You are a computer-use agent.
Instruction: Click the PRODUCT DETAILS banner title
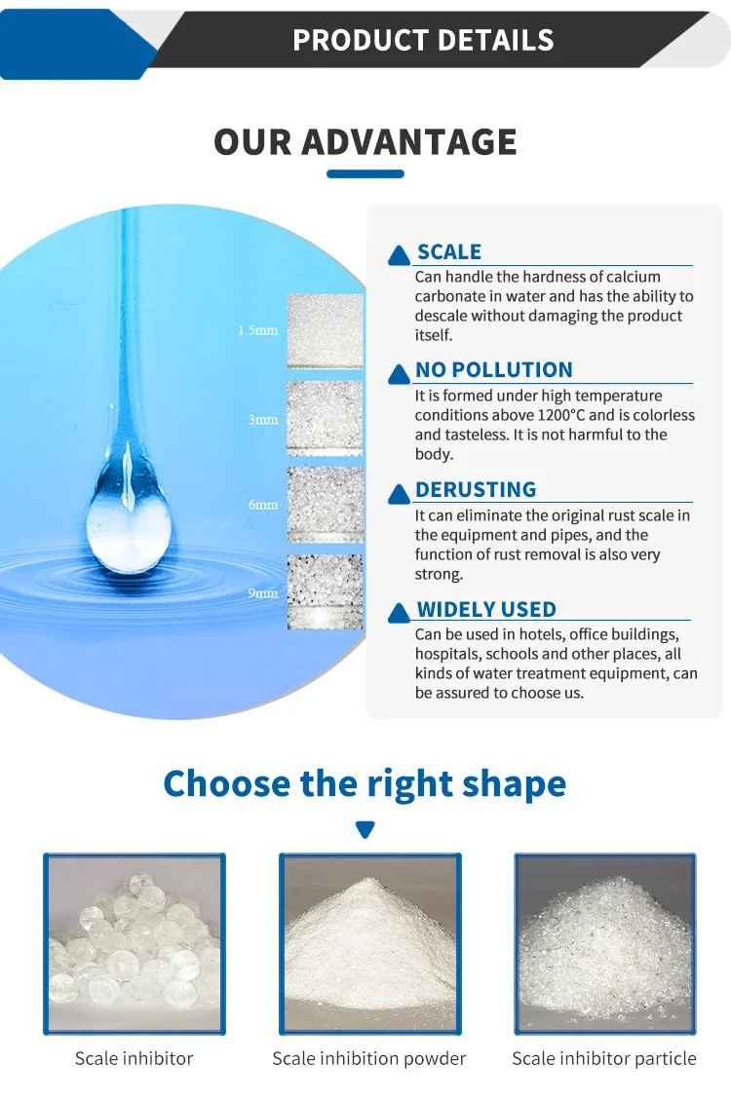[x=423, y=40]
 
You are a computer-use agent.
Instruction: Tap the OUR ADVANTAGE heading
[x=365, y=142]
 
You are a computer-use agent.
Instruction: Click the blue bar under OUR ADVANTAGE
[x=365, y=174]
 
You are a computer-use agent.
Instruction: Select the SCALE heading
[x=449, y=252]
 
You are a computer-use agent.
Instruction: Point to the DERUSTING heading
[x=476, y=489]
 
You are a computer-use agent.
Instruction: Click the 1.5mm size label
[x=257, y=330]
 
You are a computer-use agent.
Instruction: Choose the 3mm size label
[x=262, y=420]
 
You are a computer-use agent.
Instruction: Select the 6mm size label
[x=262, y=505]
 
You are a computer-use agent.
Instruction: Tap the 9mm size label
[x=262, y=592]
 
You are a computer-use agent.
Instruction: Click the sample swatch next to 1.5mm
[x=325, y=331]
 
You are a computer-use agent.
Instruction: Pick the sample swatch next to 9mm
[x=325, y=591]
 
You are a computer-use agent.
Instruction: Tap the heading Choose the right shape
[x=365, y=783]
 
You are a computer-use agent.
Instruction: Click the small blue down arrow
[x=365, y=830]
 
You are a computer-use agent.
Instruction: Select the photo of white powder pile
[x=369, y=943]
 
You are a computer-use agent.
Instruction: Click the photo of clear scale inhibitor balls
[x=135, y=943]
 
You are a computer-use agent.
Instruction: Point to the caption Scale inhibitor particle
[x=604, y=1058]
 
